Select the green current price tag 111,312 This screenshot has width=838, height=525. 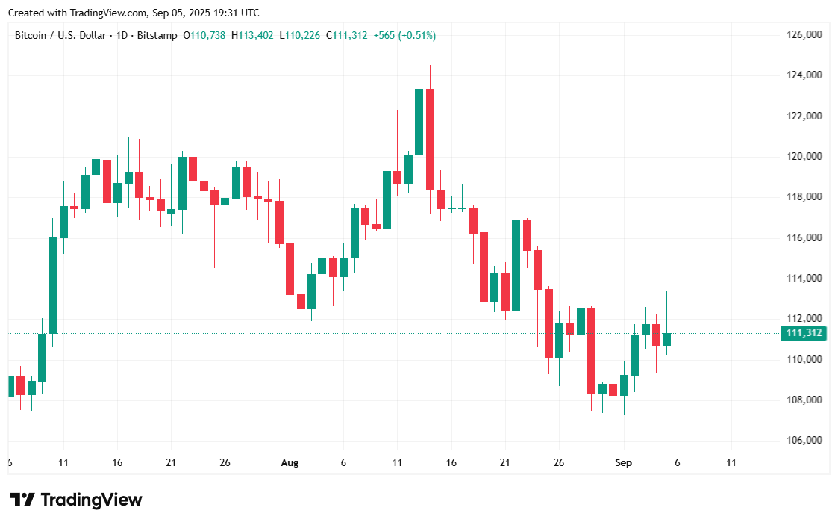point(802,333)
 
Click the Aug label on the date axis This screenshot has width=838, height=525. point(290,463)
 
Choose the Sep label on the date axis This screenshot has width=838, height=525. point(623,463)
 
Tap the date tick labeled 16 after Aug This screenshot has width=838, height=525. point(451,463)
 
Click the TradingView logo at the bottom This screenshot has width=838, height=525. point(75,500)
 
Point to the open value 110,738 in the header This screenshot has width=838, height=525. point(208,35)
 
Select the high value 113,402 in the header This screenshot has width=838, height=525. point(256,35)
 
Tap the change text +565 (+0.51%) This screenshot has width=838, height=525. point(404,35)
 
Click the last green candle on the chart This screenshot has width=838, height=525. point(666,339)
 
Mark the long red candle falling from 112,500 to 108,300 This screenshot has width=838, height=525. point(591,350)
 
